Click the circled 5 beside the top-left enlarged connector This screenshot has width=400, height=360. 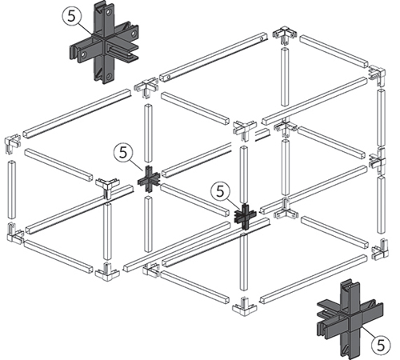click(x=71, y=17)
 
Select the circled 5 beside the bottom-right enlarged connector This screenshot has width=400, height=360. click(x=381, y=345)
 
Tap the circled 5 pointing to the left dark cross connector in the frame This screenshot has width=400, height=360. click(x=123, y=153)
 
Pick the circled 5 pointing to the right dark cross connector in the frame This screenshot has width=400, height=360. click(x=220, y=191)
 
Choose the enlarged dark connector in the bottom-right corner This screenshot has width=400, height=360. click(x=350, y=318)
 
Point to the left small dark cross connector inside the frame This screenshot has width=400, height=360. click(x=149, y=179)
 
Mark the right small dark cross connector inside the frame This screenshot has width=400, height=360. click(x=245, y=217)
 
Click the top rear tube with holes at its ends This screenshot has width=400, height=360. click(x=214, y=57)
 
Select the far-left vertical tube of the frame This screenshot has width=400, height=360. click(x=12, y=189)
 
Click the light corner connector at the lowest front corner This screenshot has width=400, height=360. click(x=245, y=307)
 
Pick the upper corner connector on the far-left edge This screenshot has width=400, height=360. click(x=12, y=144)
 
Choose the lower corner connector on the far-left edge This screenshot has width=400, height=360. click(x=14, y=233)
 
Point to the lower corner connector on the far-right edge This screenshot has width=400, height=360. click(x=379, y=250)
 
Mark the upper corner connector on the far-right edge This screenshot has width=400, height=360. click(x=377, y=76)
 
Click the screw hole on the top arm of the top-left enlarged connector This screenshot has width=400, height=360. click(x=109, y=12)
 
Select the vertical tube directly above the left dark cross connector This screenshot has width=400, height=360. click(x=148, y=134)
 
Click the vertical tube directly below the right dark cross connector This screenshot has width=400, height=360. click(x=243, y=262)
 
